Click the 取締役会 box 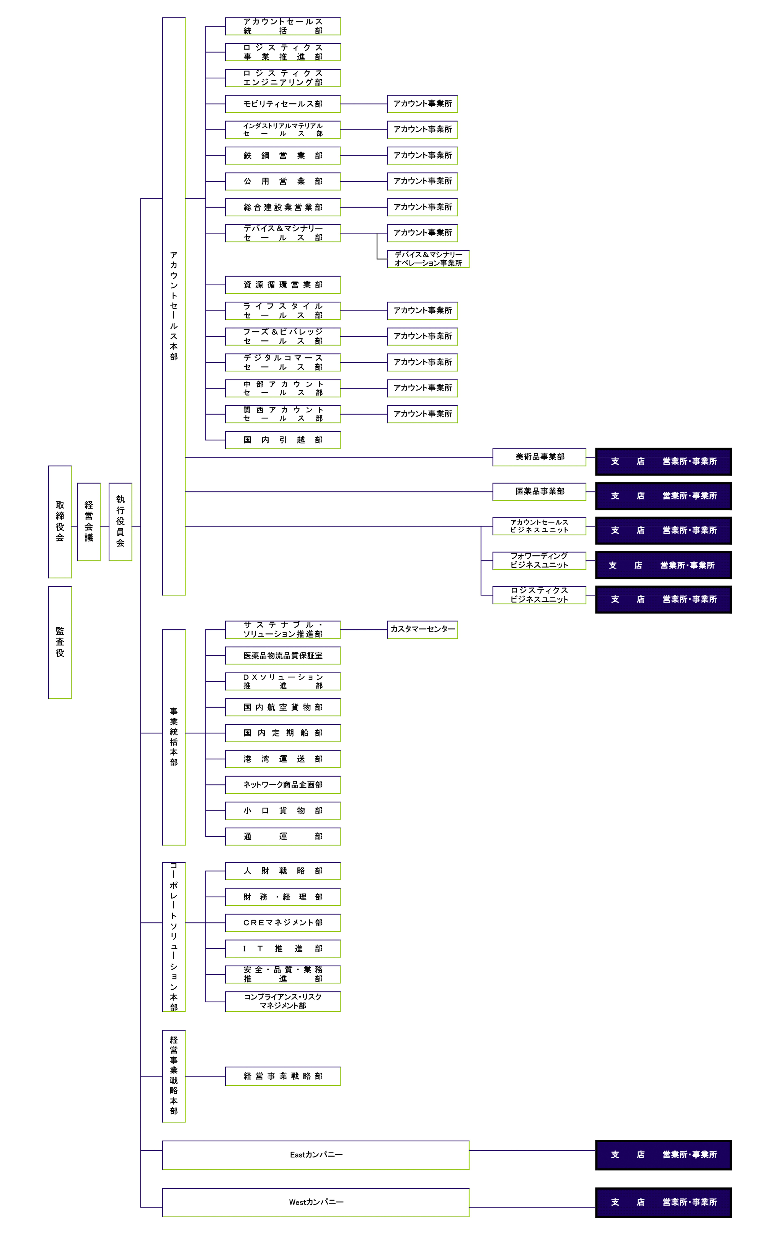60,522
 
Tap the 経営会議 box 89,522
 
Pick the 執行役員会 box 121,522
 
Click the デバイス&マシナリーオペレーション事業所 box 428,259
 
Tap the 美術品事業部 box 539,457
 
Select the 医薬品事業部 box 539,491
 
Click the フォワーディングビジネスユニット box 539,560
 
